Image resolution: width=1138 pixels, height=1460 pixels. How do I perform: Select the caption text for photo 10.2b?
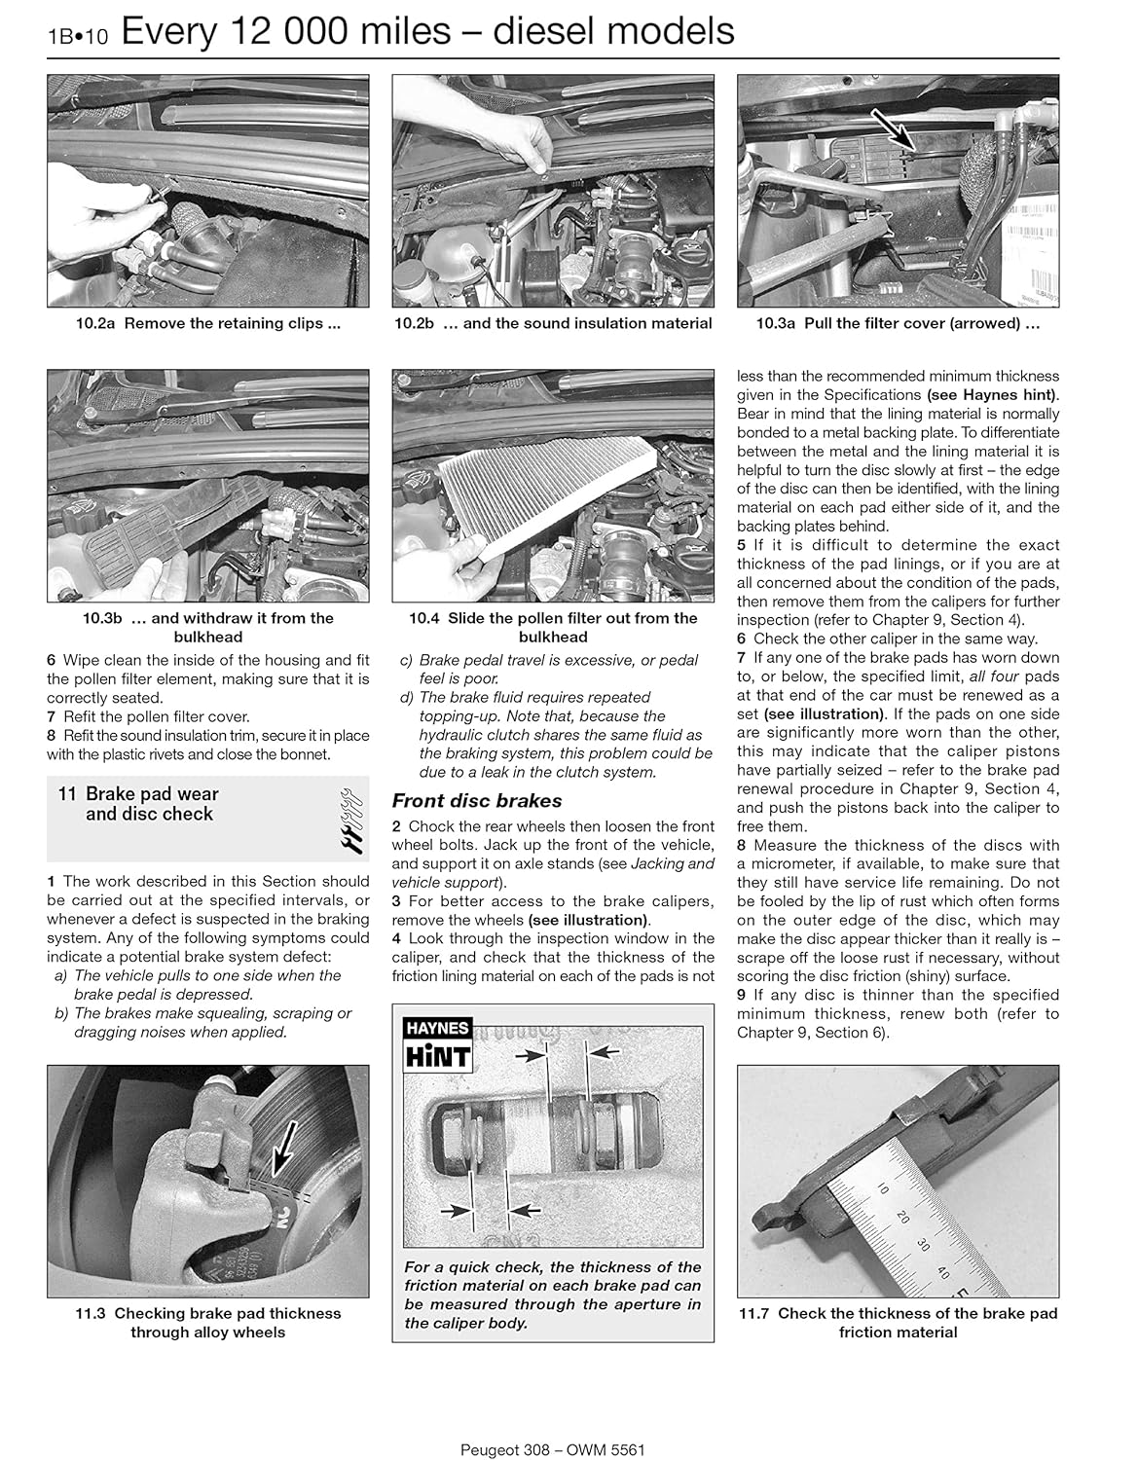point(553,324)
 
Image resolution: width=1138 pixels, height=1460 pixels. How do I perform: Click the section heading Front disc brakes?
point(476,801)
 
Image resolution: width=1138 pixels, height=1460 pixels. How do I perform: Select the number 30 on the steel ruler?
point(923,1245)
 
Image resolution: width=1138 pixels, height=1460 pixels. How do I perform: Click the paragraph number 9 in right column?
point(742,995)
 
